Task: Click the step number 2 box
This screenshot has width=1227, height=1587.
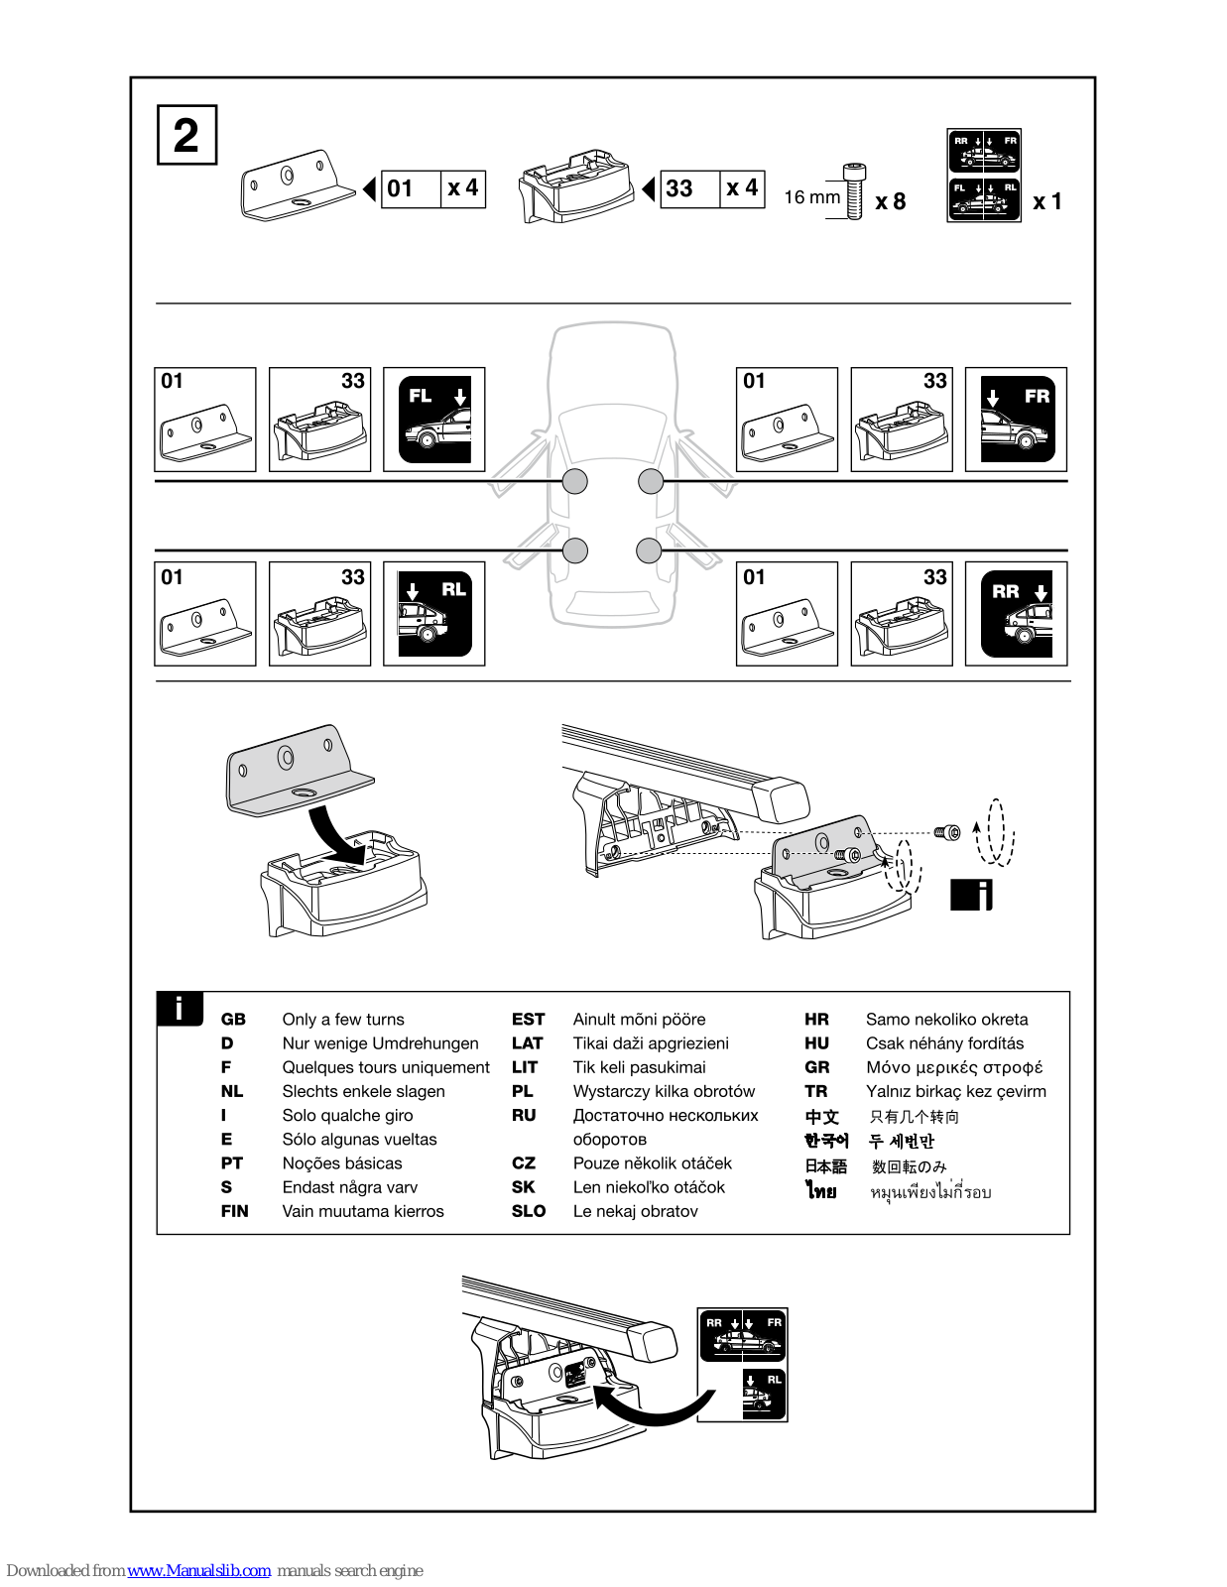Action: pyautogui.click(x=186, y=135)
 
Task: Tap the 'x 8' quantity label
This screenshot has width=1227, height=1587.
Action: pyautogui.click(x=890, y=201)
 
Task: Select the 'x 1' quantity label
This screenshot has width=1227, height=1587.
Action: pyautogui.click(x=1046, y=201)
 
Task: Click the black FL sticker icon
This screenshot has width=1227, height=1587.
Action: pyautogui.click(x=434, y=419)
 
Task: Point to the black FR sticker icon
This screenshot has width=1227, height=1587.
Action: pyautogui.click(x=1017, y=419)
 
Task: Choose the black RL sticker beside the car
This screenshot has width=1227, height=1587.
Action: pyautogui.click(x=434, y=613)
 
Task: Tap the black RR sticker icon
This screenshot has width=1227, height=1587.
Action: pyautogui.click(x=1017, y=613)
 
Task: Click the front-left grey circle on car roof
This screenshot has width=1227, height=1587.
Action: pyautogui.click(x=575, y=481)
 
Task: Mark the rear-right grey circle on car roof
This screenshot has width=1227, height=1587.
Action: pyautogui.click(x=649, y=550)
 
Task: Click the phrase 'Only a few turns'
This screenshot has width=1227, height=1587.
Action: pyautogui.click(x=343, y=1020)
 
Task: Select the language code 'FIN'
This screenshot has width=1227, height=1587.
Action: pyautogui.click(x=235, y=1211)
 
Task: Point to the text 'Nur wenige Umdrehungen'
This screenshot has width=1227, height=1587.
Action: pyautogui.click(x=380, y=1043)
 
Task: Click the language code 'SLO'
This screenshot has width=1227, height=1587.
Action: pyautogui.click(x=529, y=1211)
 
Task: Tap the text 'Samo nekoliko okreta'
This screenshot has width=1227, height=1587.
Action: pyautogui.click(x=946, y=1020)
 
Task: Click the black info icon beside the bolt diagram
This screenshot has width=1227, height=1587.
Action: pyautogui.click(x=971, y=895)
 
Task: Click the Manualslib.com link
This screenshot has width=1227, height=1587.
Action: pyautogui.click(x=198, y=1570)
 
